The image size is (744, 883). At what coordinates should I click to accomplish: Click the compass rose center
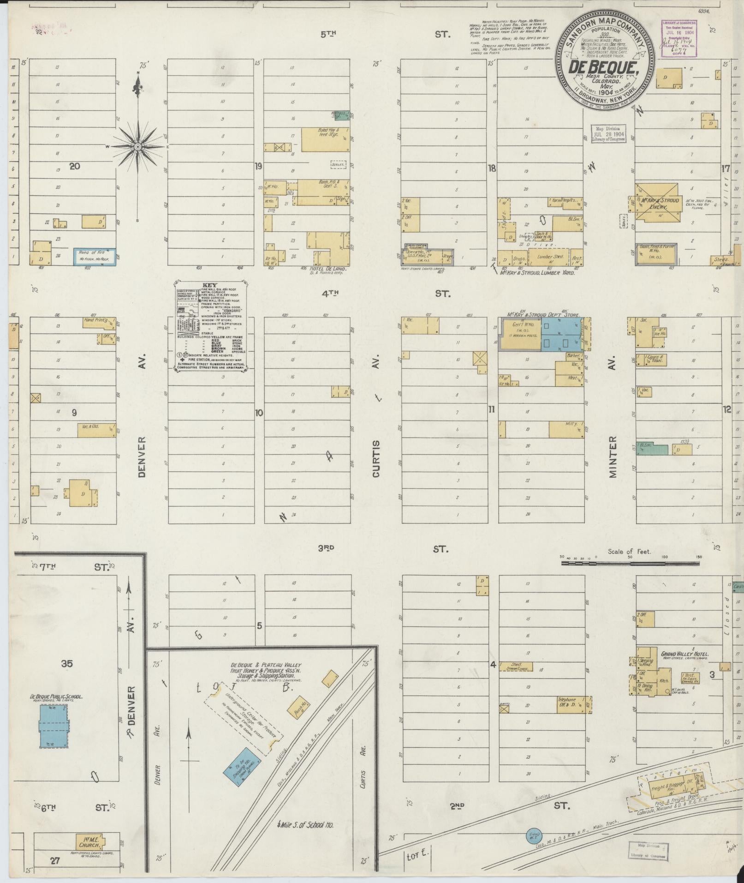[x=137, y=147]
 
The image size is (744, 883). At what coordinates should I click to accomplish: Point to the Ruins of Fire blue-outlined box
[x=94, y=256]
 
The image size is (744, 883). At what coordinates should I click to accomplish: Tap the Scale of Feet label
[x=630, y=552]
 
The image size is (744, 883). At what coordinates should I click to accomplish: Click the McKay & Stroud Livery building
[x=657, y=203]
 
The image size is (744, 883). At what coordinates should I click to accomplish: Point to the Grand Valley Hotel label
[x=684, y=654]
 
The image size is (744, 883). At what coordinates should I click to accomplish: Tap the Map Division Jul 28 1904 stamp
[x=608, y=133]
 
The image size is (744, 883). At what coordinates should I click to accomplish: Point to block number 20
[x=74, y=166]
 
